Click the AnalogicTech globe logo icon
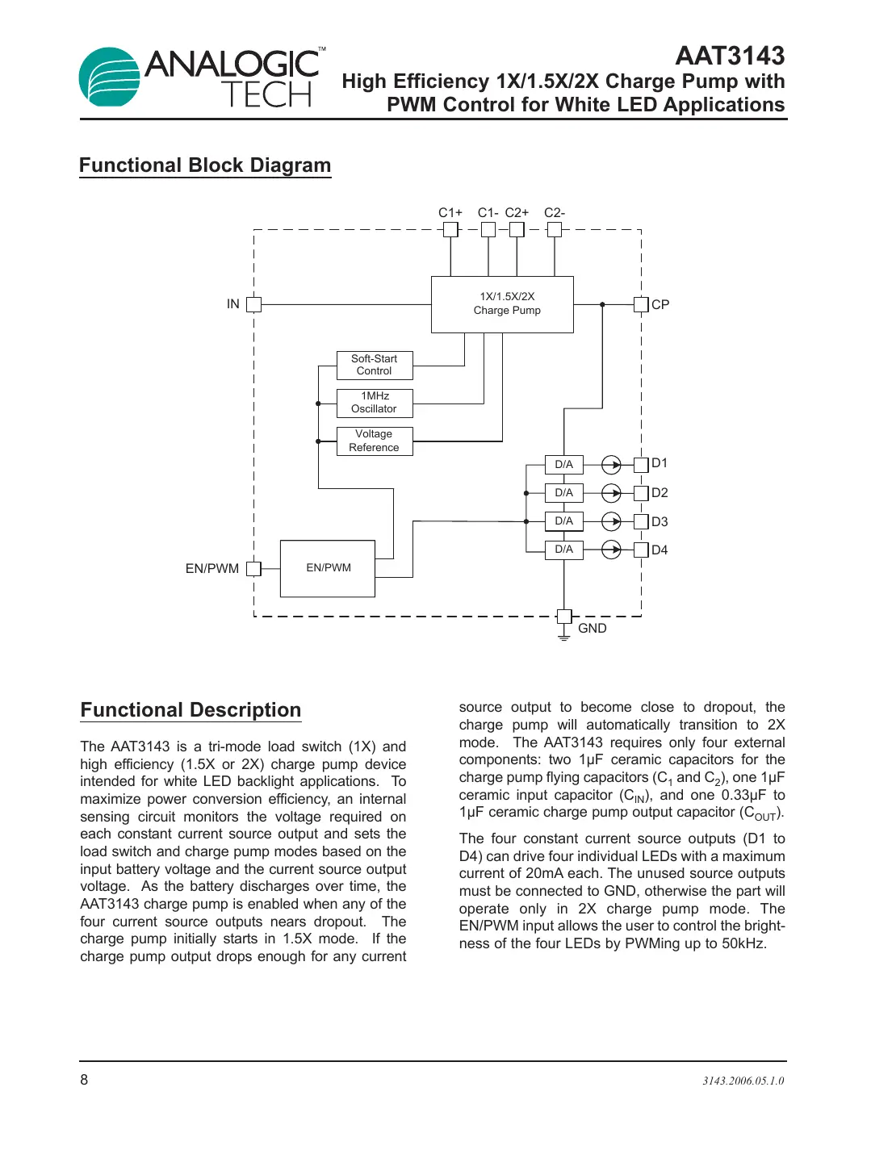109,77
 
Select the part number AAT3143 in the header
729,56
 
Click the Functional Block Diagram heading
205,165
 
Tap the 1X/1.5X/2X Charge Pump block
502,304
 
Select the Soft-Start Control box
375,365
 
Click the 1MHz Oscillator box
375,403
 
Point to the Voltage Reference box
375,441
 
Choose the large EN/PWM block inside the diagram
328,568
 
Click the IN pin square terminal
253,304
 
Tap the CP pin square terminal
641,304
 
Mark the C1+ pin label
450,213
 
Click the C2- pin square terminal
554,229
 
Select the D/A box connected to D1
564,465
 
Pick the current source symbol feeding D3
612,521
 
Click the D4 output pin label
660,550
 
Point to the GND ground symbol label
592,628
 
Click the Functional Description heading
191,710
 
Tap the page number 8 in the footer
84,1080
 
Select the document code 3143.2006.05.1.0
743,1081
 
